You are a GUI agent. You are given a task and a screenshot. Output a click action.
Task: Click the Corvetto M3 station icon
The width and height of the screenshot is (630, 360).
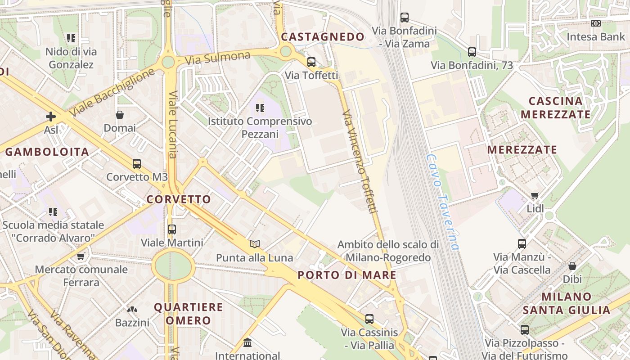tap(137, 164)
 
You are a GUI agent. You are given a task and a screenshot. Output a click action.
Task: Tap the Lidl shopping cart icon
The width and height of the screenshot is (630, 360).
tap(535, 195)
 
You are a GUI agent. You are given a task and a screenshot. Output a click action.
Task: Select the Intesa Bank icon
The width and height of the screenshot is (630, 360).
tap(596, 23)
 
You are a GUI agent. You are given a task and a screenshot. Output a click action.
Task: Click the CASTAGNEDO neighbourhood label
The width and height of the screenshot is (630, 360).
tap(323, 37)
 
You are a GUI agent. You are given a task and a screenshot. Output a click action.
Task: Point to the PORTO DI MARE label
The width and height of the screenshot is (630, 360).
tap(347, 275)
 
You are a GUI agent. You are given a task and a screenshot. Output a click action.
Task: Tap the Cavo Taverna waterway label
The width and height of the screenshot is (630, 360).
tap(443, 202)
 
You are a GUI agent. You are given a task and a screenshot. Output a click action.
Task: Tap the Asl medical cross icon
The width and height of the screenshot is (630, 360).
tap(51, 117)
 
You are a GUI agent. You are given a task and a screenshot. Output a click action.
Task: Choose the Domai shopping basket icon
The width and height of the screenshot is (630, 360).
tap(120, 115)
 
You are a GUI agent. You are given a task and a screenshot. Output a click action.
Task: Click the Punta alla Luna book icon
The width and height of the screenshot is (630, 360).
tap(255, 244)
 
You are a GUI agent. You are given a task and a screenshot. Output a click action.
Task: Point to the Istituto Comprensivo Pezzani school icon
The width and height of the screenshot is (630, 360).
tap(260, 108)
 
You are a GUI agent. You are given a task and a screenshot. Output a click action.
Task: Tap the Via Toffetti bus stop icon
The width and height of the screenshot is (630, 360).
tap(311, 62)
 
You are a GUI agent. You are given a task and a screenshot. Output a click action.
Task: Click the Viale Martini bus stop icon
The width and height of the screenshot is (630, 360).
tap(172, 229)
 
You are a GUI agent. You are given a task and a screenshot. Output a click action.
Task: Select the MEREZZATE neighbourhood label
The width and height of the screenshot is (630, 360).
tap(522, 150)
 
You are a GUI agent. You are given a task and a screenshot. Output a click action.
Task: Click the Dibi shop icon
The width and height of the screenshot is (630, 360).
tap(572, 266)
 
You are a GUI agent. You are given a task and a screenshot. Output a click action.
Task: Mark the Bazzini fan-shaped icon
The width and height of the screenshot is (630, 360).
tap(132, 310)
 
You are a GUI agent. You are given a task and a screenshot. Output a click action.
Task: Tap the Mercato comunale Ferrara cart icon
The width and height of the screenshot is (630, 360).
tap(81, 256)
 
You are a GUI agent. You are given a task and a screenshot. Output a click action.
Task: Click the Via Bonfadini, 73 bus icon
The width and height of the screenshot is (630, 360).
tap(472, 52)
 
